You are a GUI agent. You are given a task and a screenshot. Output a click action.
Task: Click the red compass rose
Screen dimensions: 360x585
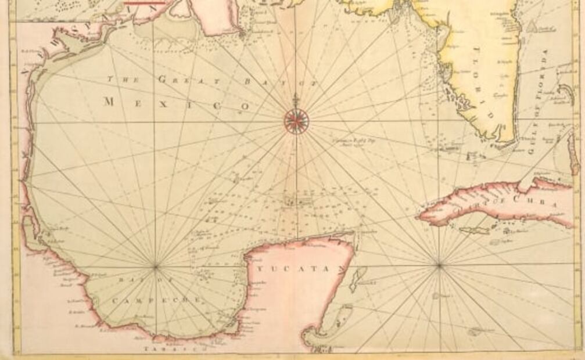[296, 121]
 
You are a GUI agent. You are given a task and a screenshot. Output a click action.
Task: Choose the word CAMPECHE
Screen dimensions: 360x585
[157, 300]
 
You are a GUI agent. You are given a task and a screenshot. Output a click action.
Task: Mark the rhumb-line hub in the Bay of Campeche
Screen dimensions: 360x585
[155, 267]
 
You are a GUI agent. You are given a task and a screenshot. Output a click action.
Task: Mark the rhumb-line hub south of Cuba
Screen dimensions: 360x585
[439, 265]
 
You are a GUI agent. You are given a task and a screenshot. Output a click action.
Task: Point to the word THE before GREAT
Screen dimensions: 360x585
[119, 77]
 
